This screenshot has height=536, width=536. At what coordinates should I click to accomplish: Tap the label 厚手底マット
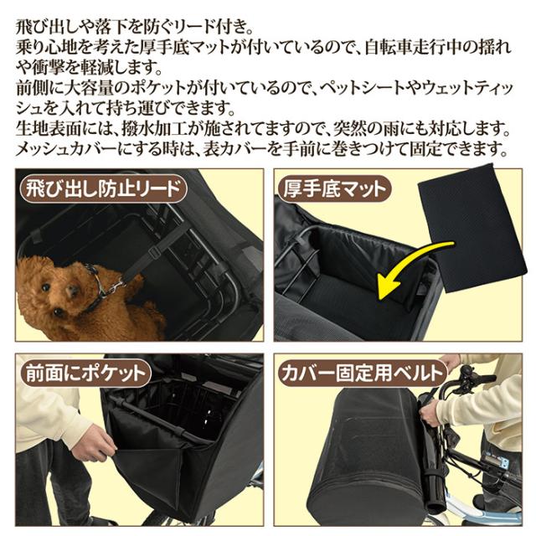[332, 187]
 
